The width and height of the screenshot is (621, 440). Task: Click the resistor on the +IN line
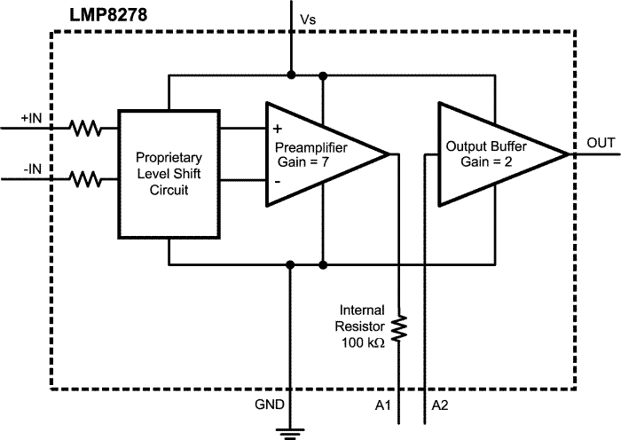(x=87, y=130)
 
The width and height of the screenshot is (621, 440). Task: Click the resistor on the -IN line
(x=87, y=180)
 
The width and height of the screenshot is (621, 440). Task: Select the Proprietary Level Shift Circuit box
(x=168, y=174)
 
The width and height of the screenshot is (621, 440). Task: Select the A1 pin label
(x=384, y=405)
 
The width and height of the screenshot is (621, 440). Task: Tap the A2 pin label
(x=441, y=405)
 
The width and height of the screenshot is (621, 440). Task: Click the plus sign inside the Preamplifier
(x=278, y=129)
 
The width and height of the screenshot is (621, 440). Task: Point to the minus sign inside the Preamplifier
(x=278, y=181)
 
